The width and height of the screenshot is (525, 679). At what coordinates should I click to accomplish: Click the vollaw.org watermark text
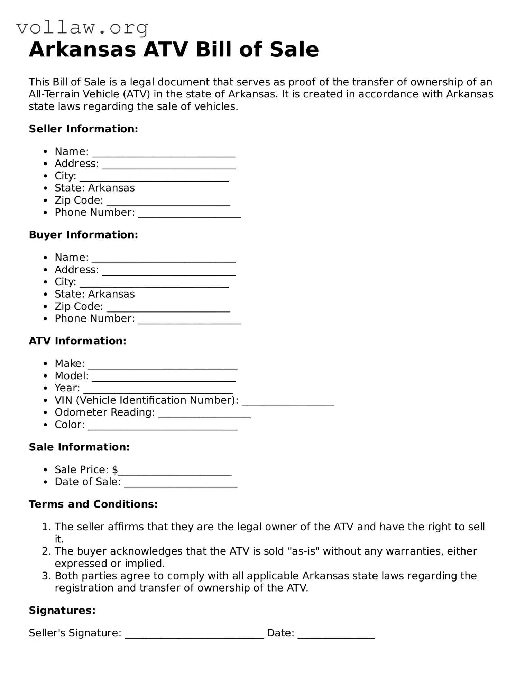(x=82, y=28)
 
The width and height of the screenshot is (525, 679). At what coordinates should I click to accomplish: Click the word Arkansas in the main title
(x=82, y=49)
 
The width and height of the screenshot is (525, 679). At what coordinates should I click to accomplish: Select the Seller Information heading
(x=83, y=129)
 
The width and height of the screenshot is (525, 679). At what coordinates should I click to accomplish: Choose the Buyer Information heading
(x=83, y=235)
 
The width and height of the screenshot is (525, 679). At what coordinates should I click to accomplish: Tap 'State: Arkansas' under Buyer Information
(x=94, y=294)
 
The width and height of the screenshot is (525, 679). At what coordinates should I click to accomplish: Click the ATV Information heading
(x=77, y=341)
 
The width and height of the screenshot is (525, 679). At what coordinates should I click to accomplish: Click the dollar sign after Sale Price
(x=115, y=469)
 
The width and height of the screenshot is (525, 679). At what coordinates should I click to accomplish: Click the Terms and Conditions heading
(x=93, y=504)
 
